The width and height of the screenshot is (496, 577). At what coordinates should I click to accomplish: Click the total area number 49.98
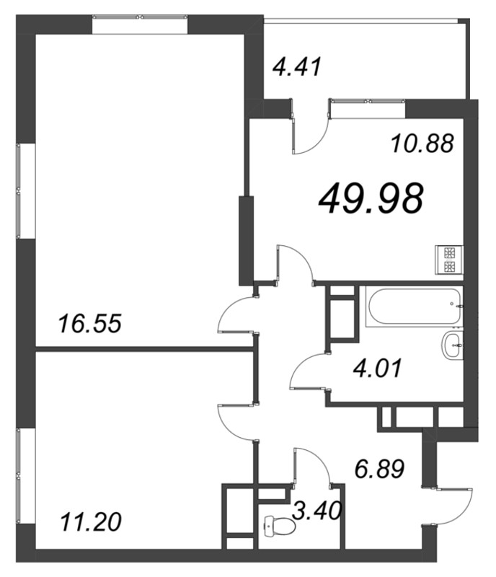coord(371,199)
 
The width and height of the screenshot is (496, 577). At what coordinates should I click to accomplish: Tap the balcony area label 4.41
coord(297,66)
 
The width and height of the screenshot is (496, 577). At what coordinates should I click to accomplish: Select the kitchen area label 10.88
coord(422,143)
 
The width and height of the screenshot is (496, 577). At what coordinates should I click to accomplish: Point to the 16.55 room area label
coord(90,323)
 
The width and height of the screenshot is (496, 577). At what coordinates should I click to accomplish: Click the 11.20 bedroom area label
coord(91,522)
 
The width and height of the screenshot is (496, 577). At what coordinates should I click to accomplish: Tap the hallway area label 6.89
coord(379,469)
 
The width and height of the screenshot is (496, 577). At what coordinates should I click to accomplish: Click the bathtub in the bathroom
coord(414,307)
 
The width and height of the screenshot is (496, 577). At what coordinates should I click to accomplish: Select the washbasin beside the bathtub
coord(452,345)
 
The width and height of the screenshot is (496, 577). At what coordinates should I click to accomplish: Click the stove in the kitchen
coord(449,260)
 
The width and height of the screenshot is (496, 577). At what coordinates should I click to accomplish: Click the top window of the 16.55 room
coord(140,17)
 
